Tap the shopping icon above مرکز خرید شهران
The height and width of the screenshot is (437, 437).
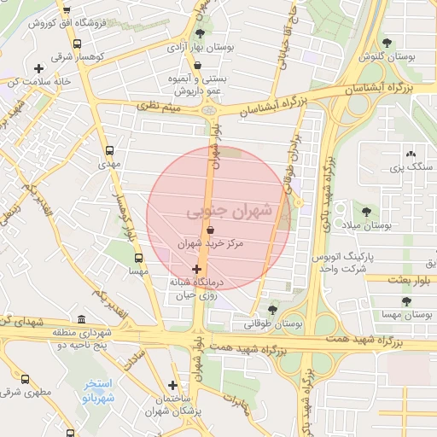(x=210, y=229)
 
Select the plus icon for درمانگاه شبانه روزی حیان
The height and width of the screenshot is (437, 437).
(x=197, y=269)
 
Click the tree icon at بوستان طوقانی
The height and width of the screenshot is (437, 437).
(x=272, y=309)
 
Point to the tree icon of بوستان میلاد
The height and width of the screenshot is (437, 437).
(x=366, y=211)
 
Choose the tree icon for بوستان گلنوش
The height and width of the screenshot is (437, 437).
(x=387, y=42)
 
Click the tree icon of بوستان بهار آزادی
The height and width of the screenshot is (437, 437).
(x=200, y=32)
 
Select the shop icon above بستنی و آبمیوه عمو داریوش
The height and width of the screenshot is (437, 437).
(x=197, y=64)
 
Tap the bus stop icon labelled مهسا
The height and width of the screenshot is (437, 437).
(x=138, y=256)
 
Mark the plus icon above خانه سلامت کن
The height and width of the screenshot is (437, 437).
(x=38, y=68)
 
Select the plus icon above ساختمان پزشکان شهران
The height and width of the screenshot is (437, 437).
(x=173, y=385)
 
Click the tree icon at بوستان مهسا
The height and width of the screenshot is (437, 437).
(x=407, y=301)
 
